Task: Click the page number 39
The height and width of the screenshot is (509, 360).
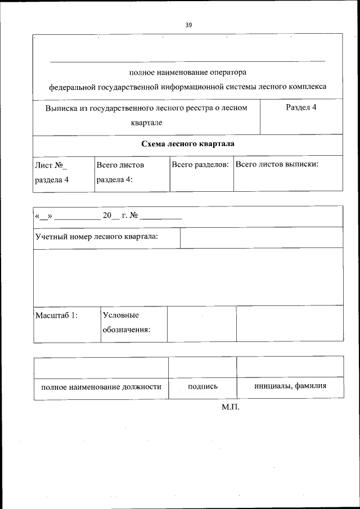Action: [188, 25]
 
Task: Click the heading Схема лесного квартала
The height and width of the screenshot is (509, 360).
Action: [187, 144]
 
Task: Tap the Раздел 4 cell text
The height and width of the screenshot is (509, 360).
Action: [300, 107]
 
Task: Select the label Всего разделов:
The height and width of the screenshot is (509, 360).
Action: [200, 165]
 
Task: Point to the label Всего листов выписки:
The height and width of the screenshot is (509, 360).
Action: [277, 165]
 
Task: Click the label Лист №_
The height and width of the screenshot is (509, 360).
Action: [51, 165]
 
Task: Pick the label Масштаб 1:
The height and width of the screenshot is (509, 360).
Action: [56, 316]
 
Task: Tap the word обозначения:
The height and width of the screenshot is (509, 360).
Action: [126, 330]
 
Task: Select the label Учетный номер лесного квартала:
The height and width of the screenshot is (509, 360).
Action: [96, 236]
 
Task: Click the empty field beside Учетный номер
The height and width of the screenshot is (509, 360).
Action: [261, 237]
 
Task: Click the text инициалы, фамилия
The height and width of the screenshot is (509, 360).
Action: [290, 386]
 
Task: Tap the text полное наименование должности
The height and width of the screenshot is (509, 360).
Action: [101, 387]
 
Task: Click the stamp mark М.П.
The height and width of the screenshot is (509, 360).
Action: [231, 407]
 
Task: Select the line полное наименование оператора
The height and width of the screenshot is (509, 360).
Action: [187, 72]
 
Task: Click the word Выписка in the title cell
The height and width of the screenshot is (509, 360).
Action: [61, 107]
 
